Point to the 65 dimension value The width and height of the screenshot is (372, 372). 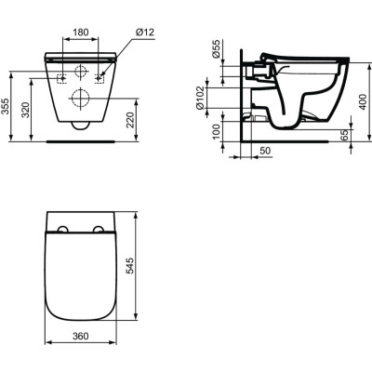(x=347, y=135)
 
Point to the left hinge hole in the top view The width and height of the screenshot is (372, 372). (x=63, y=230)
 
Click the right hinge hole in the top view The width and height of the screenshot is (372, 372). (x=100, y=230)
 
